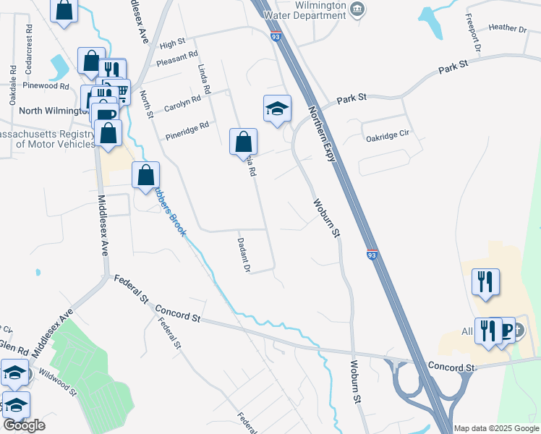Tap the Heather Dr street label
[x=507, y=28]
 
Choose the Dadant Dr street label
[x=243, y=255]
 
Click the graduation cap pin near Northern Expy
[x=277, y=108]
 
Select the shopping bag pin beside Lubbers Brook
[x=145, y=174]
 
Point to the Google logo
[x=23, y=425]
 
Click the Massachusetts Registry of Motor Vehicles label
[x=47, y=139]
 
